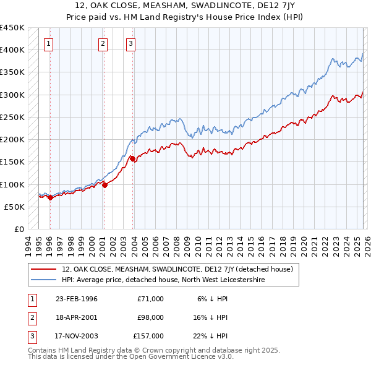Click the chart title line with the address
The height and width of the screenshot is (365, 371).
pos(185,6)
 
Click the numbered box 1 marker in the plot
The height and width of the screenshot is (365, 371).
pos(48,43)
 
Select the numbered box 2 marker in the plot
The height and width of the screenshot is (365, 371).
pos(103,43)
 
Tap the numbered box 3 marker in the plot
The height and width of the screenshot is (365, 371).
pos(131,43)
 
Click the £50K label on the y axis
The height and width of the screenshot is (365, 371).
pos(14,207)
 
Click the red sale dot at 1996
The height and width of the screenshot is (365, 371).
pos(50,197)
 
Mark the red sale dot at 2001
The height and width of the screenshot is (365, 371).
pos(104,185)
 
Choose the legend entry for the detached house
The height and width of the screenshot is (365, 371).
pos(181,269)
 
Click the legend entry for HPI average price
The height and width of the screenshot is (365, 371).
pos(163,280)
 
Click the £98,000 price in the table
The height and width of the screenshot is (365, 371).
pos(150,317)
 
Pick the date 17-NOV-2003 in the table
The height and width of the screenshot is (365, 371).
pos(77,336)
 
